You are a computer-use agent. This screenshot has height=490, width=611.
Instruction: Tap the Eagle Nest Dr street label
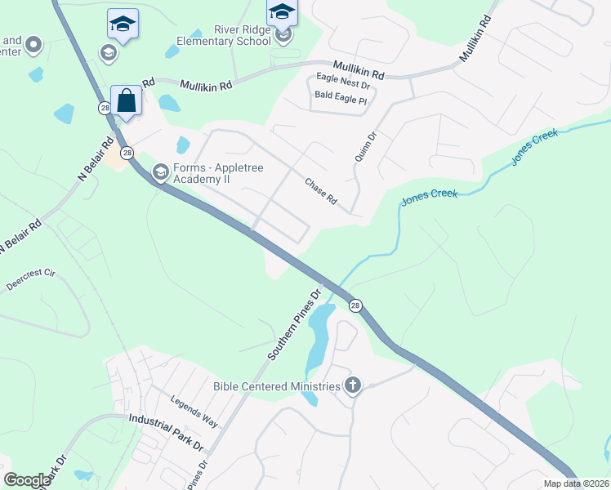tap(343, 80)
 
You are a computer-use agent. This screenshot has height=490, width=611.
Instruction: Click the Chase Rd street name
tap(321, 192)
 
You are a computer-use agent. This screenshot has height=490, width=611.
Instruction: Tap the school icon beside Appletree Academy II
tap(160, 171)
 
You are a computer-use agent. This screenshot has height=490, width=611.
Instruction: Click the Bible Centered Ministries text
tap(276, 385)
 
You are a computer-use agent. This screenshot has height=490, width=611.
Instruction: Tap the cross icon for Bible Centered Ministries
tap(353, 385)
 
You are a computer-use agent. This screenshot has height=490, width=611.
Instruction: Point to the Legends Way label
tap(194, 412)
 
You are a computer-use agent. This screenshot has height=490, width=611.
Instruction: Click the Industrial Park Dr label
tap(166, 431)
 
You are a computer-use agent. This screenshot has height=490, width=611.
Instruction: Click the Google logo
tap(27, 479)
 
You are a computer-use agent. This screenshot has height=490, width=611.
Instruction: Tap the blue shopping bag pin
tap(127, 101)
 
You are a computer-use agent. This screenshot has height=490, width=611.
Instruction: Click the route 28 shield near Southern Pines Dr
tap(355, 305)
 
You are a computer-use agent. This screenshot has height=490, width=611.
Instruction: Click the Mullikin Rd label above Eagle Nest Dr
tap(358, 69)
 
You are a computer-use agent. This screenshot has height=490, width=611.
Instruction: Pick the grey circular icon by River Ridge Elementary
tap(283, 36)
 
